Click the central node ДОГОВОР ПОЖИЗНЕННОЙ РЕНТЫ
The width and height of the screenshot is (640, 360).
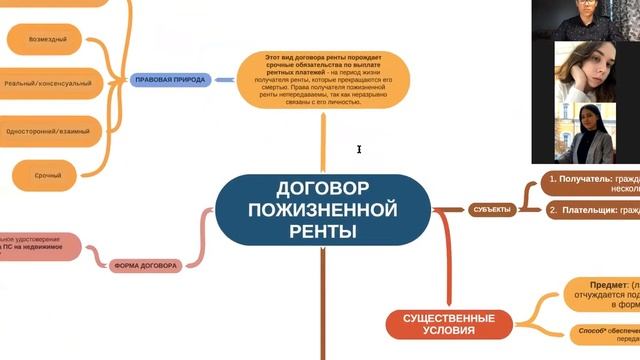point(323,210)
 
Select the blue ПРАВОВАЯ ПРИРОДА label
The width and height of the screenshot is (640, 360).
point(168,79)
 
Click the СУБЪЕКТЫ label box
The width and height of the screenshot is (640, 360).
point(490,209)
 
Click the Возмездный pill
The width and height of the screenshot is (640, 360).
point(51,39)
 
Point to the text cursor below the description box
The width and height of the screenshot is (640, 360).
point(359,150)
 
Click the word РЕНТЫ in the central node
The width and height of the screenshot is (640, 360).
point(322,231)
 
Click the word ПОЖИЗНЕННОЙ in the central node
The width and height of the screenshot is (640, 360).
point(322,210)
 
